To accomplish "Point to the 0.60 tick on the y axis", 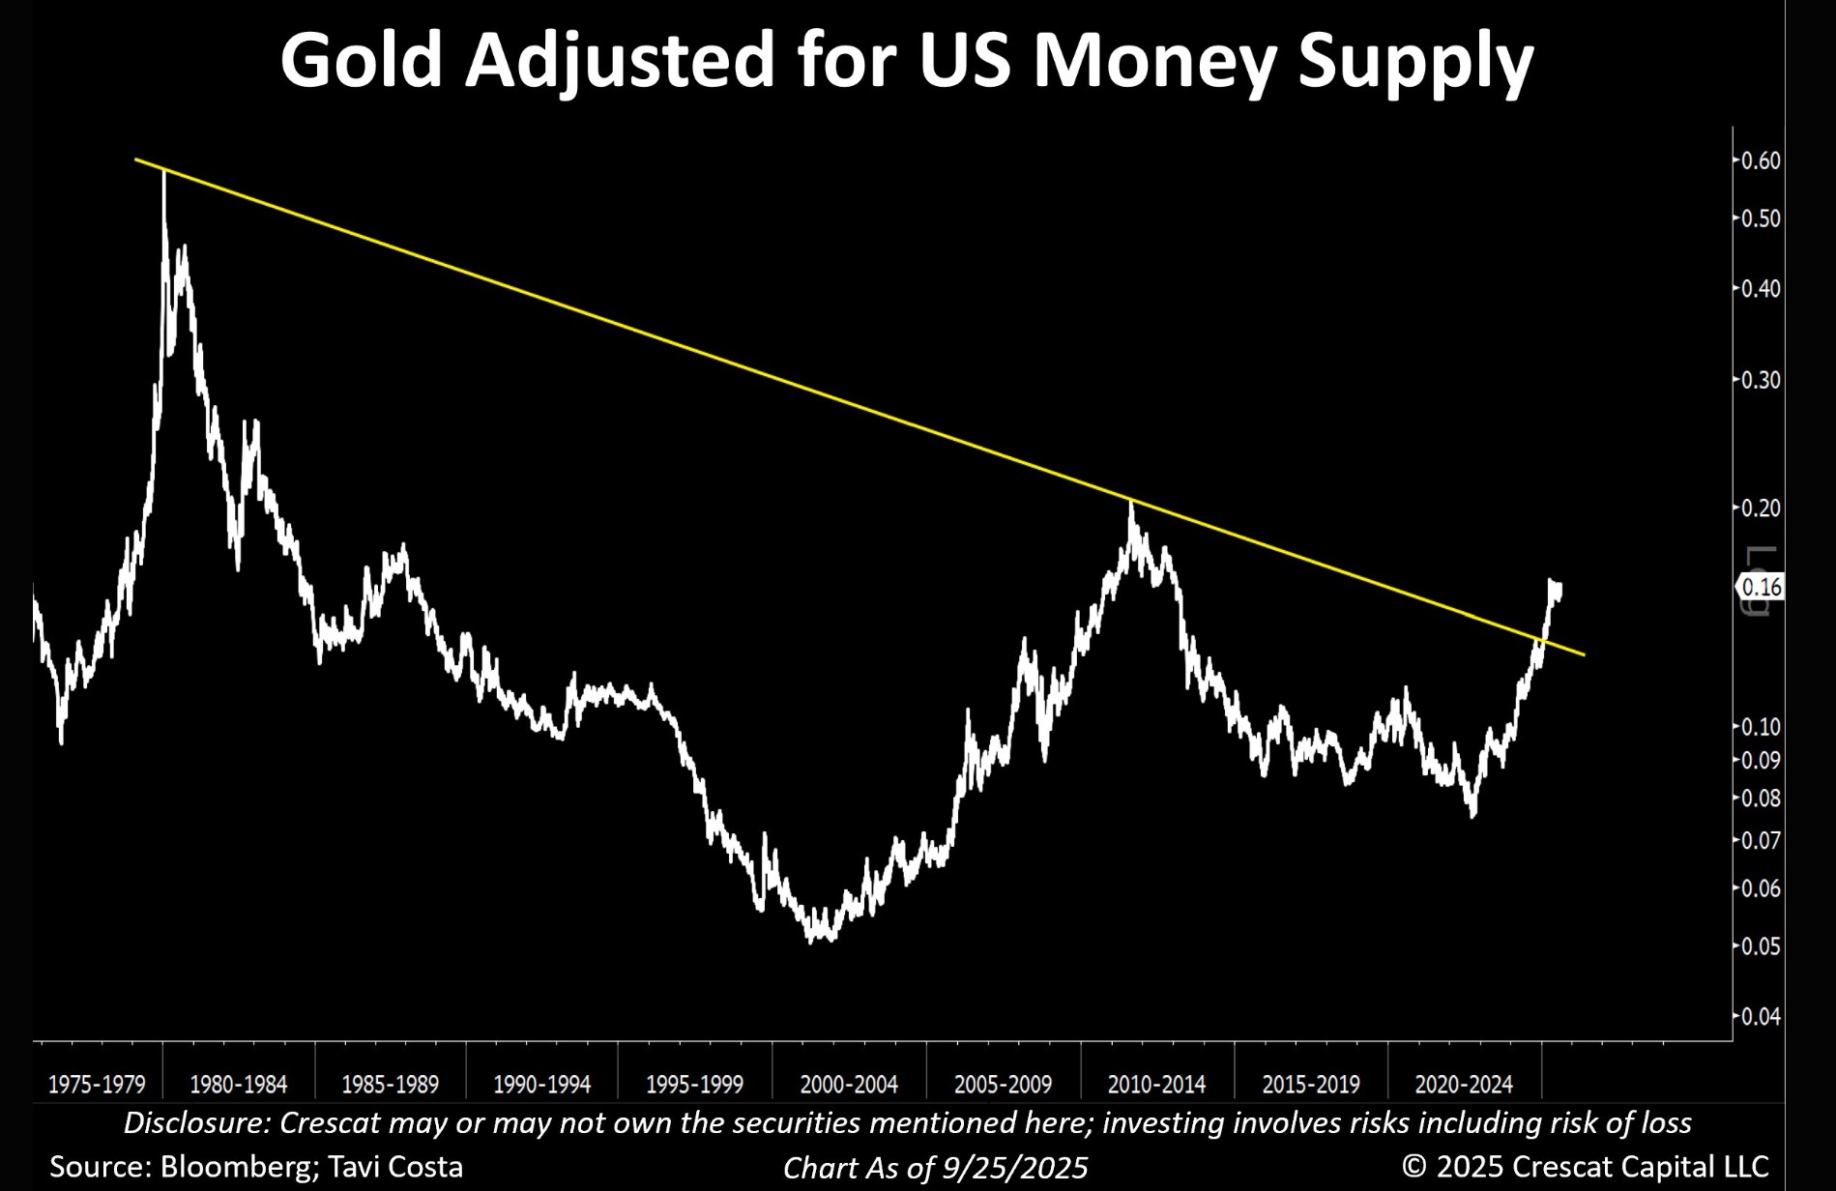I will (x=1760, y=160).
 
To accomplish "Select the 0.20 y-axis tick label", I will (x=1760, y=508).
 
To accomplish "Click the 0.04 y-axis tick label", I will (x=1760, y=1016).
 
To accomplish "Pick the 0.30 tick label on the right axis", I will (x=1760, y=380).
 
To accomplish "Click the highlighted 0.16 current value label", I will (x=1761, y=587).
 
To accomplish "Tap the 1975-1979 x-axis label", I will (x=97, y=1085).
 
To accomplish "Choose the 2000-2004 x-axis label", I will (x=849, y=1085).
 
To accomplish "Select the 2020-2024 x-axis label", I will (x=1464, y=1085).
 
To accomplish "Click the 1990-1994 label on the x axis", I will (x=541, y=1085).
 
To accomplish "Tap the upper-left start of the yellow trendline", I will (x=136, y=159).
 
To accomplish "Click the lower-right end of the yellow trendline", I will (x=1584, y=655).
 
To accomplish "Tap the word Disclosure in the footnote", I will (x=195, y=1123).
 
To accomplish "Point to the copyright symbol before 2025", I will (x=1414, y=1166).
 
